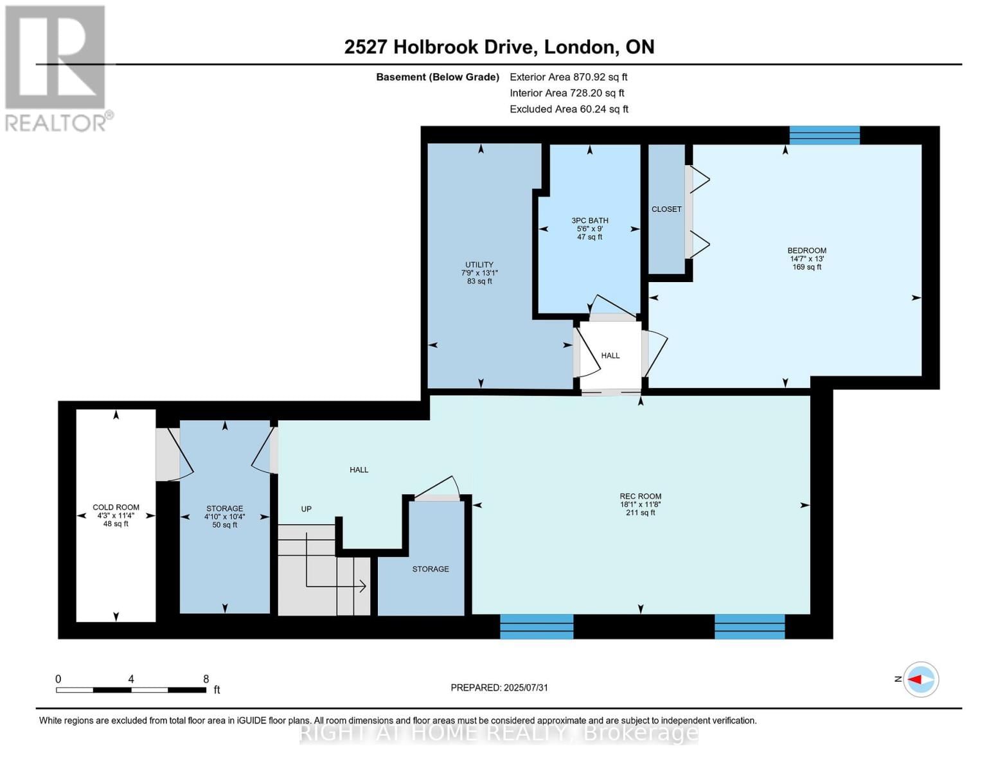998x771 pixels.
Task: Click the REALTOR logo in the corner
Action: coord(57,68)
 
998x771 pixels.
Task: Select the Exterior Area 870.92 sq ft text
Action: coord(568,77)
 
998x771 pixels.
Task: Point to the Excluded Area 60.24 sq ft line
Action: coord(569,109)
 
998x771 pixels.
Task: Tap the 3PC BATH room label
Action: coord(589,220)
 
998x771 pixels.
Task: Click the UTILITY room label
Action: coord(479,265)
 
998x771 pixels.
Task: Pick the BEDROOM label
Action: coord(806,251)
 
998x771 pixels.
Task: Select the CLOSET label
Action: coord(666,209)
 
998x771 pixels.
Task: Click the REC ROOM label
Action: coord(640,496)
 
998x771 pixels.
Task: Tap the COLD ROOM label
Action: coord(116,507)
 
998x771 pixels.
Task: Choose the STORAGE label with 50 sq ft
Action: coord(224,508)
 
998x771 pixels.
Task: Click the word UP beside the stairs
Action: coord(307,509)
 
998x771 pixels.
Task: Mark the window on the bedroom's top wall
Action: coord(824,135)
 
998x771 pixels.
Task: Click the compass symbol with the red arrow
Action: coord(921,679)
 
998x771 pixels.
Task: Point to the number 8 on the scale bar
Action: coord(206,679)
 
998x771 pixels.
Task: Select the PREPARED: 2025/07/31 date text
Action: coord(499,687)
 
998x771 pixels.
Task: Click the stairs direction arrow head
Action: coord(363,586)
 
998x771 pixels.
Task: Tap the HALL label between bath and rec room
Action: coord(610,355)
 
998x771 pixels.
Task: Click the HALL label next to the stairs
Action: coord(359,470)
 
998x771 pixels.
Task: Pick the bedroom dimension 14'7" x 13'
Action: coord(806,259)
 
